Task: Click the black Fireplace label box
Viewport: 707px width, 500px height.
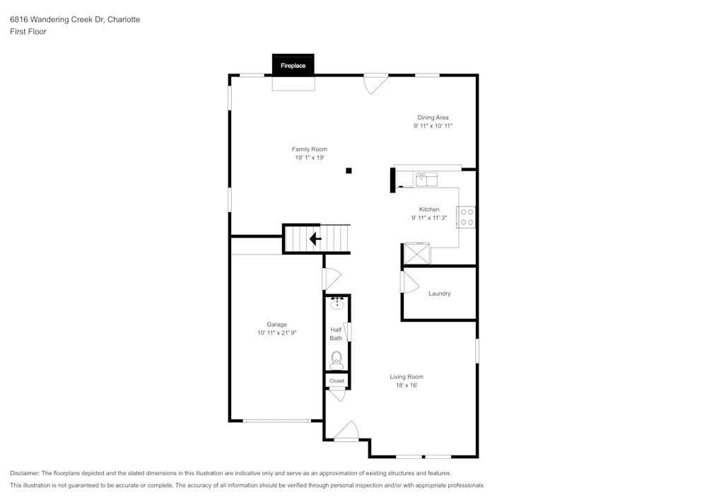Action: coord(293,65)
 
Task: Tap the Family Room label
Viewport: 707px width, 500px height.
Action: coord(310,149)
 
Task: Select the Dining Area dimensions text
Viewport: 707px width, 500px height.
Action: coord(433,126)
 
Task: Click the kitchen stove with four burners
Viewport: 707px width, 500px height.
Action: coord(467,216)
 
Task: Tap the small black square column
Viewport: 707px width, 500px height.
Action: coord(349,170)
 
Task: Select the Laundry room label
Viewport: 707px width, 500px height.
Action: coord(439,293)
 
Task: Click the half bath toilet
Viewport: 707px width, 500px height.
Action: coord(337,359)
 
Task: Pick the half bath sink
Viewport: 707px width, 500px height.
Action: coord(337,304)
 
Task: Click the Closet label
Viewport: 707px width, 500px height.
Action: coord(337,380)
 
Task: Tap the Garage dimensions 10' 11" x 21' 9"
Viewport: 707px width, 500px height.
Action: coord(276,332)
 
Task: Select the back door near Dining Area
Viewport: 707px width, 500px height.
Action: coord(375,83)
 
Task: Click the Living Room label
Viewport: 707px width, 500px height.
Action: coord(407,377)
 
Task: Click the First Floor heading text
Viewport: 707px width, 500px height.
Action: coord(28,32)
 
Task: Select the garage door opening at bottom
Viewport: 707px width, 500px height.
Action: coord(276,421)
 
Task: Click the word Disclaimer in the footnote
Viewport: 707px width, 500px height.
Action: coord(25,473)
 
